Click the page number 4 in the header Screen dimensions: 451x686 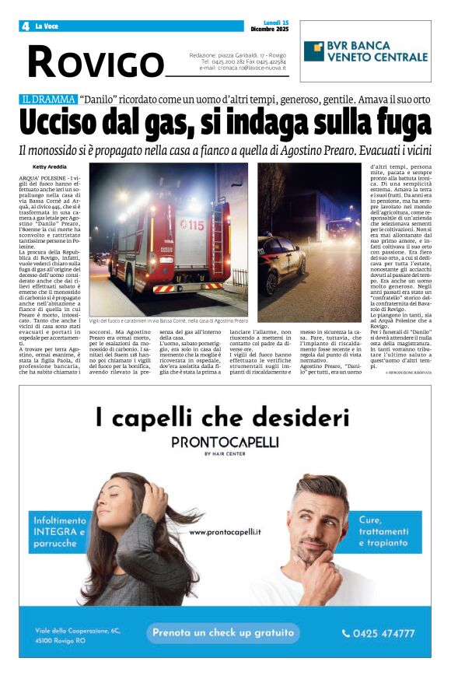25,26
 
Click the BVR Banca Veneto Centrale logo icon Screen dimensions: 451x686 314,51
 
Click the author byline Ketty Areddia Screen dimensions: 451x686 51,167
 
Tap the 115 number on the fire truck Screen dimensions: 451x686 192,225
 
